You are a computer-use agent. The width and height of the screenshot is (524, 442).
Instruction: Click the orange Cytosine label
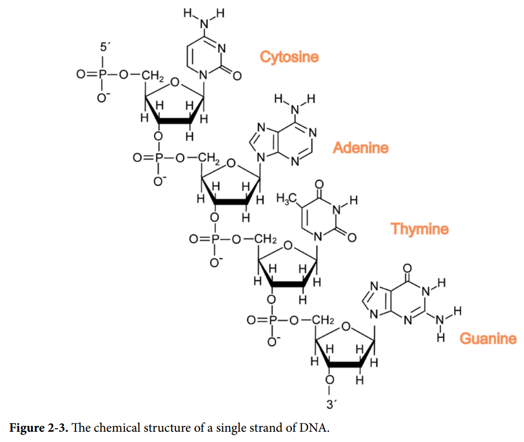pos(289,57)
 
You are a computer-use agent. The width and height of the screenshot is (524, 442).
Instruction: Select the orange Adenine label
pos(360,147)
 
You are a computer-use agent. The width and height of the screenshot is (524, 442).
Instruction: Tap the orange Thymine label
pos(419,229)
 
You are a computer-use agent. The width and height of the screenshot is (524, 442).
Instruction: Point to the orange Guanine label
pos(488,338)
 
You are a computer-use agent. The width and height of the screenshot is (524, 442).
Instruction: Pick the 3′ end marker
pos(332,405)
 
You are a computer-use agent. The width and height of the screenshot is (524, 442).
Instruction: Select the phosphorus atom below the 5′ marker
pos(102,75)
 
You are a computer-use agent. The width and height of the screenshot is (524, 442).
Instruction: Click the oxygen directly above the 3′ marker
pos(331,380)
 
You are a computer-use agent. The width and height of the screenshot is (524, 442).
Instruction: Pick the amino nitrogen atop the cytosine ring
pos(204,23)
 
